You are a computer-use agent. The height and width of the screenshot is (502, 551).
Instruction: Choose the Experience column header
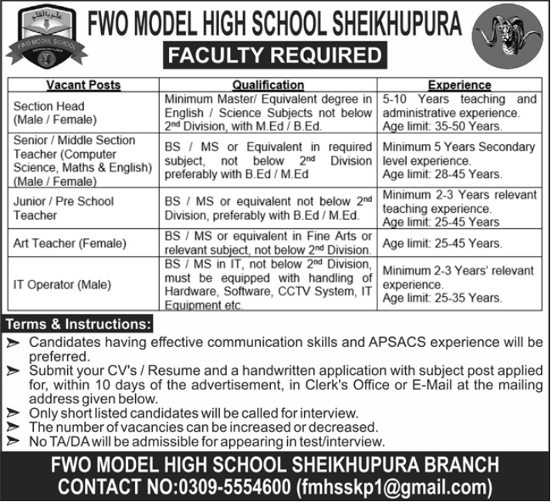click(461, 85)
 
